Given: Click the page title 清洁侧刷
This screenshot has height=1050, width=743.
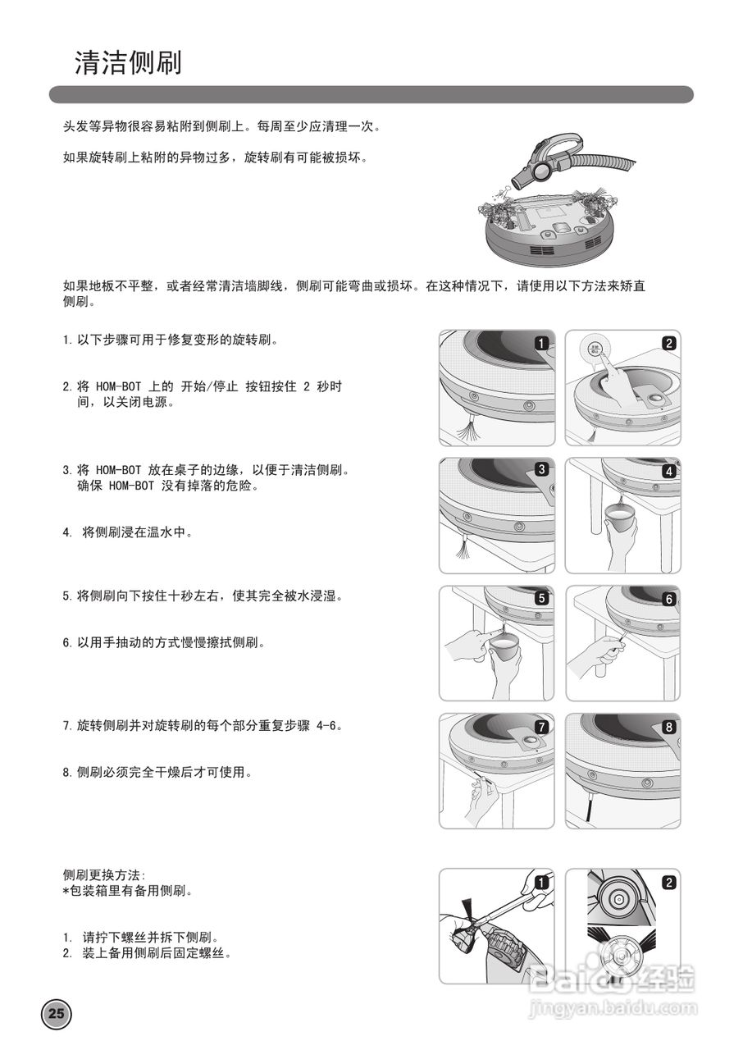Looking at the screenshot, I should [x=128, y=63].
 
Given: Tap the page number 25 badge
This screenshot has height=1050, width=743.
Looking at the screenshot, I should [x=57, y=1013].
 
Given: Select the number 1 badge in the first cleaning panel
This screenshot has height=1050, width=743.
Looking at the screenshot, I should [x=541, y=343].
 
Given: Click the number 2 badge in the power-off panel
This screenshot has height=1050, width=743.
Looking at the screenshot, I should [x=669, y=343].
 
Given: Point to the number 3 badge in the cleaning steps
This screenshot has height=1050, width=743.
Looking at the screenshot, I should [x=541, y=470].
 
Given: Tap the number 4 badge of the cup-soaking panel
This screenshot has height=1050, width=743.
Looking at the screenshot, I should [x=669, y=471].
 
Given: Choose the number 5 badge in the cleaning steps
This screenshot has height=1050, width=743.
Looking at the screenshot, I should [x=541, y=599].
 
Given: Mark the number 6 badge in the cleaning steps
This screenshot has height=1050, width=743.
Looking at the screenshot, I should [x=669, y=599].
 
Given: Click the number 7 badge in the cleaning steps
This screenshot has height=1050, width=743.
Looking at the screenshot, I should [x=541, y=727].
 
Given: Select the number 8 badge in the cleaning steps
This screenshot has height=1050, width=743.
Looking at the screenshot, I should [x=669, y=727].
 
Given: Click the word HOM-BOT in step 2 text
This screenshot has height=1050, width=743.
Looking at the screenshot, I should [x=121, y=386].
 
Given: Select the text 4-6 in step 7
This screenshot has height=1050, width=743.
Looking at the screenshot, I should [x=326, y=726].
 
